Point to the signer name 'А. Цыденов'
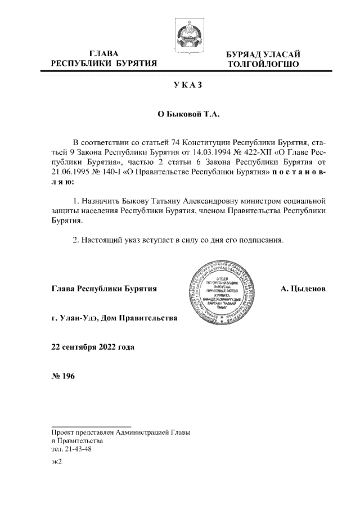click(x=303, y=289)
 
